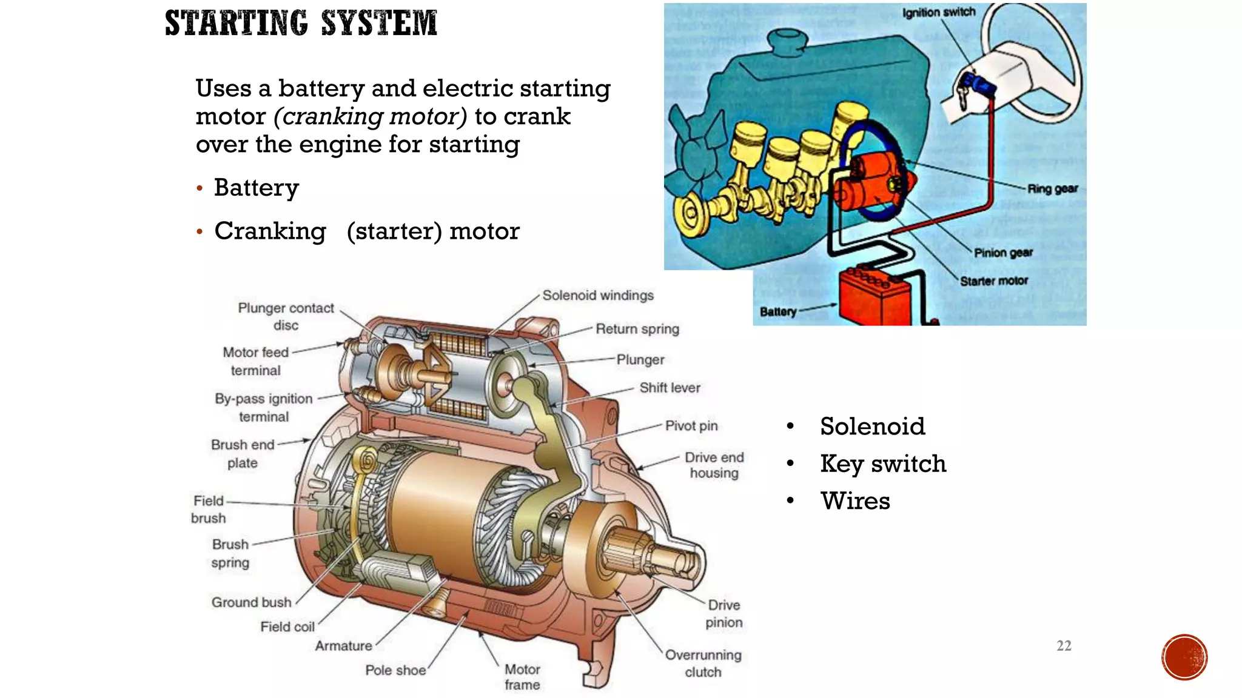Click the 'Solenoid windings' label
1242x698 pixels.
[x=597, y=296]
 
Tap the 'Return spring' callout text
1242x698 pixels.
[x=637, y=329]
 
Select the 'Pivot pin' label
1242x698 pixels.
[x=691, y=426]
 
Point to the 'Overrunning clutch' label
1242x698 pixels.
[x=703, y=663]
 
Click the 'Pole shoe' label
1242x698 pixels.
[x=395, y=670]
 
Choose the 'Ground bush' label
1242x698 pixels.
[x=251, y=602]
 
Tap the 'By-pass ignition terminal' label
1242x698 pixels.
[x=264, y=408]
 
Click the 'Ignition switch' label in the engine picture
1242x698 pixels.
[x=938, y=13]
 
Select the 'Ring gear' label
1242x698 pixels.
[x=1052, y=188]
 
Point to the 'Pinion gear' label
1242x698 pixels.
[x=1003, y=253]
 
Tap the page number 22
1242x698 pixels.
[x=1064, y=646]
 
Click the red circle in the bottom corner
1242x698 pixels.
[x=1184, y=657]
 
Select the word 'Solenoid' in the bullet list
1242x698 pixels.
[x=872, y=427]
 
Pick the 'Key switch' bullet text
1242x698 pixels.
[x=882, y=464]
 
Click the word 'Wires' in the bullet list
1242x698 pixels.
[x=855, y=501]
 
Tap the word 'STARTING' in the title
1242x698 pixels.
[x=237, y=23]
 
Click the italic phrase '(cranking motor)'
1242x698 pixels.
[x=370, y=116]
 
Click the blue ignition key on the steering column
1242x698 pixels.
[x=976, y=85]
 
